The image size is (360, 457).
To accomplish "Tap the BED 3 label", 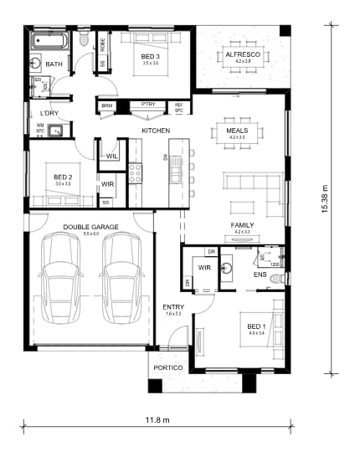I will point(150,55).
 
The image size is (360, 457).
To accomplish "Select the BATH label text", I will point(54,64).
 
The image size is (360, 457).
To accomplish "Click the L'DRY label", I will point(49,112).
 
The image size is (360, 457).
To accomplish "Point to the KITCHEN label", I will point(156,131).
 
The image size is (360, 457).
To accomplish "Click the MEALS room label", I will point(238,131).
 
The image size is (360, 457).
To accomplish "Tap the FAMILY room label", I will point(243,226).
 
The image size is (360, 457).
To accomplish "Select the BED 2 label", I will point(63,177).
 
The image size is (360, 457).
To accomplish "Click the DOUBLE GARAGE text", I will point(89,227).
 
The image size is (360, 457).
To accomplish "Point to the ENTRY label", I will point(172,307).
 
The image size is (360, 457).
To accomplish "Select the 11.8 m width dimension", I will point(157,419).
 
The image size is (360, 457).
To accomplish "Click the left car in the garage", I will point(60,280).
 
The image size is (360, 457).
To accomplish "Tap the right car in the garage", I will point(121,280).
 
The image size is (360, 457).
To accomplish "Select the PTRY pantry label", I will point(148,105).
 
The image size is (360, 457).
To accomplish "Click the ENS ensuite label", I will point(260,274).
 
